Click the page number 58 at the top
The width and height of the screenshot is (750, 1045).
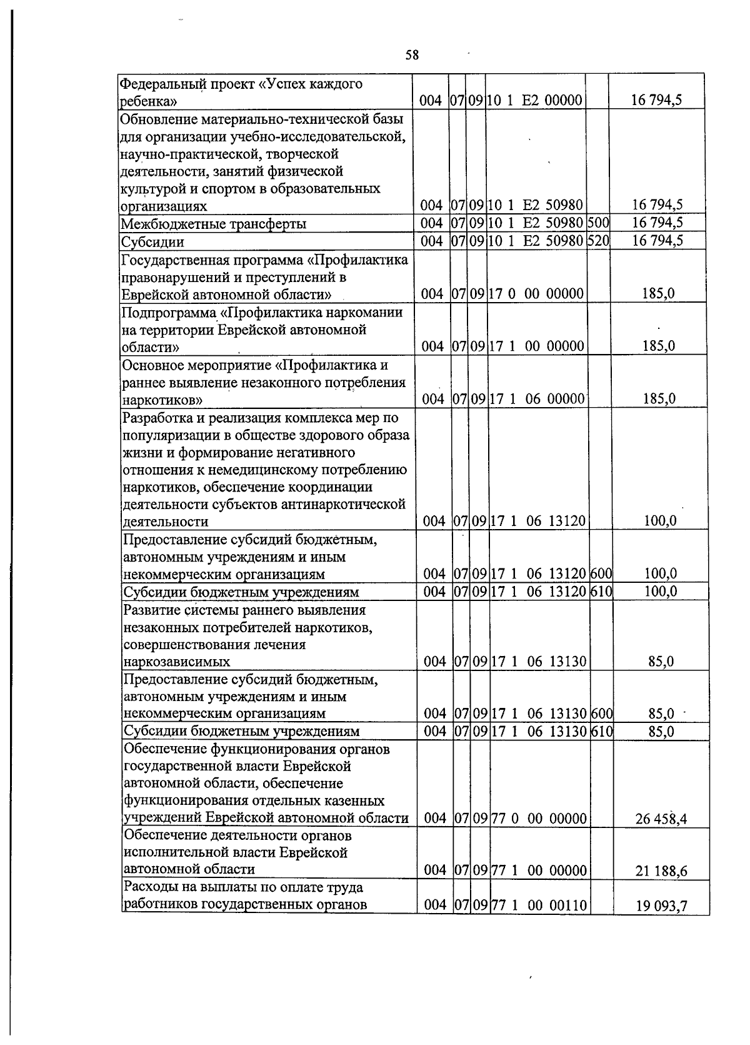tap(411, 56)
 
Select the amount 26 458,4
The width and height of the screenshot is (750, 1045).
tap(661, 819)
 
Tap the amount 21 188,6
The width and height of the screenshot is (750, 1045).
tap(661, 871)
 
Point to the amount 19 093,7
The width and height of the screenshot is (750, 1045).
tap(661, 906)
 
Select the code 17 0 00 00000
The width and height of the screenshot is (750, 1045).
tap(536, 294)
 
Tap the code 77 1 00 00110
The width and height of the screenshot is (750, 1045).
tap(539, 904)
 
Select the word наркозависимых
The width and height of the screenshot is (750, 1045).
tap(177, 662)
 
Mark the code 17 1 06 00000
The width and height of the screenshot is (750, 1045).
tap(537, 399)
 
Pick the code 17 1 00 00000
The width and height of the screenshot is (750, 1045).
tap(536, 346)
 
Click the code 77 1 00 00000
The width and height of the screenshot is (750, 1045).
tap(539, 870)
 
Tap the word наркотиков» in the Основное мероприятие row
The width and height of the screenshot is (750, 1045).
tap(161, 400)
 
